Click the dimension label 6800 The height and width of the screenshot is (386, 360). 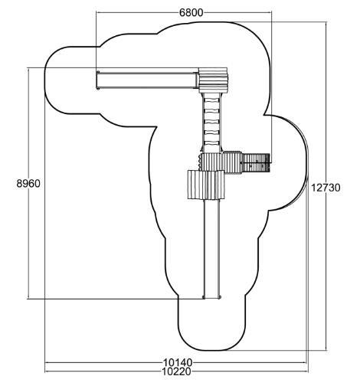[191, 12]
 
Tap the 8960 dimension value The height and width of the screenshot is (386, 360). [28, 184]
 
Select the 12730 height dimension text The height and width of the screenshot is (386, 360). [326, 188]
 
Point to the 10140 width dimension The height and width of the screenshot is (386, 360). [178, 362]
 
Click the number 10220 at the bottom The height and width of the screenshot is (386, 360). [176, 371]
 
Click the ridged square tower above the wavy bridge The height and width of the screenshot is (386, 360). [213, 80]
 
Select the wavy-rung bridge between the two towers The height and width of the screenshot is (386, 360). [211, 123]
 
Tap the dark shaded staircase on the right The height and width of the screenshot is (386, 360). [256, 162]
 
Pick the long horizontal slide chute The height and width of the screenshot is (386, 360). [146, 80]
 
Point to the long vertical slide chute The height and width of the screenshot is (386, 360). [211, 248]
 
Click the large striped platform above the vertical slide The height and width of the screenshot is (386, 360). [206, 185]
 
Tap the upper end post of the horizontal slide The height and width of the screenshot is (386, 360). [97, 72]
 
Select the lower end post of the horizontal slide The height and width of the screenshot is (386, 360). [97, 89]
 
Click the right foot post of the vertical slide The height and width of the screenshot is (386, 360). [220, 297]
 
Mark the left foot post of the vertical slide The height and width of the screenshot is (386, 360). [204, 297]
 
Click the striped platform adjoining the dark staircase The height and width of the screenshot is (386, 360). [232, 162]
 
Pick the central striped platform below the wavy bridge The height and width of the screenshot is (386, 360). [211, 162]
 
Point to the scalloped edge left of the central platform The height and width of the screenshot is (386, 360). [199, 162]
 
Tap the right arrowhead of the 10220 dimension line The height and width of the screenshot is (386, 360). [306, 371]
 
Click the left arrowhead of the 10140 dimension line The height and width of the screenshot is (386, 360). [47, 362]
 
